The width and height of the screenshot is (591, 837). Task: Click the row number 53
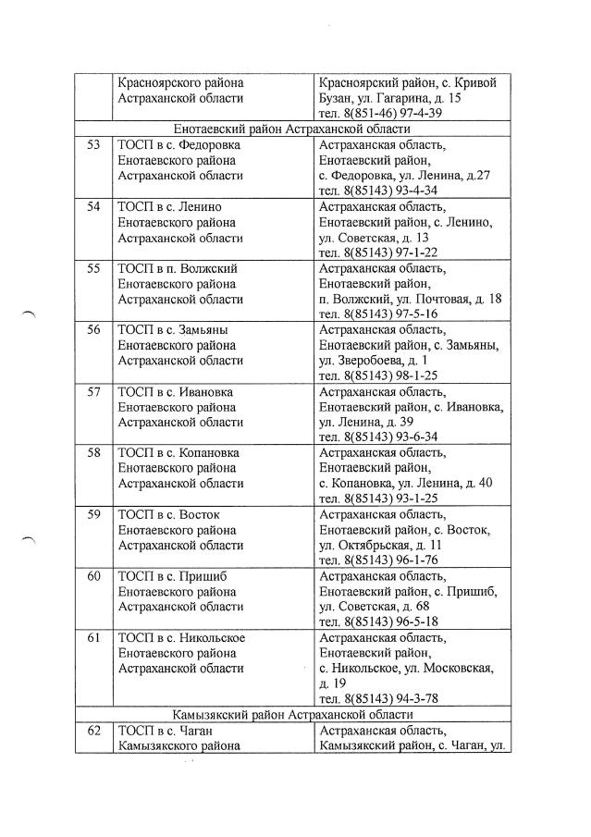pos(93,145)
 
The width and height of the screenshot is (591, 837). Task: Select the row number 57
pos(93,391)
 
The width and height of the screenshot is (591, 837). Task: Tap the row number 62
pos(93,731)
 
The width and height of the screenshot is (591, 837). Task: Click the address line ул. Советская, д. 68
pos(372,606)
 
